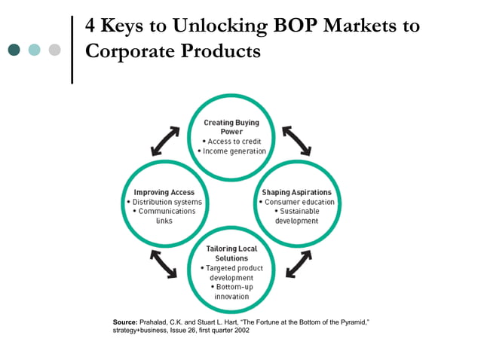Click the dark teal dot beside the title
click(14, 50)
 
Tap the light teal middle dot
click(35, 50)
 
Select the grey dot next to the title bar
click(54, 50)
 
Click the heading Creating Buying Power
click(232, 126)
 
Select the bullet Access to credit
click(234, 141)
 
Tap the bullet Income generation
click(233, 151)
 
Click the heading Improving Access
click(164, 192)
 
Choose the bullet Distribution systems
click(164, 202)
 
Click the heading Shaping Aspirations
click(296, 192)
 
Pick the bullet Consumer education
click(296, 202)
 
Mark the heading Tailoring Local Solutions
click(231, 253)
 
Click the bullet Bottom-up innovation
click(231, 291)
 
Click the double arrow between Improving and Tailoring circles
click(164, 263)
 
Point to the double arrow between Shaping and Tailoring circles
click(298, 263)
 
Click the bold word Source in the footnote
click(125, 322)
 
